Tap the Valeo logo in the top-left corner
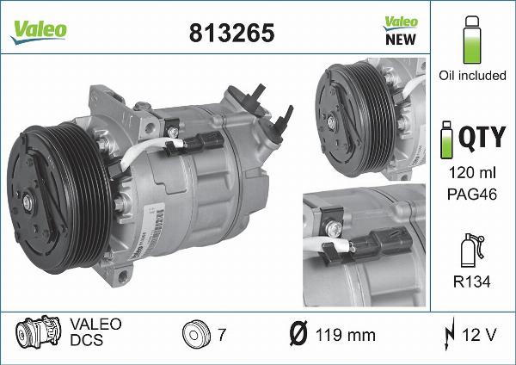click(x=39, y=29)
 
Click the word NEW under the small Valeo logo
click(x=400, y=39)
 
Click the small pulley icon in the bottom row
click(x=196, y=334)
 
